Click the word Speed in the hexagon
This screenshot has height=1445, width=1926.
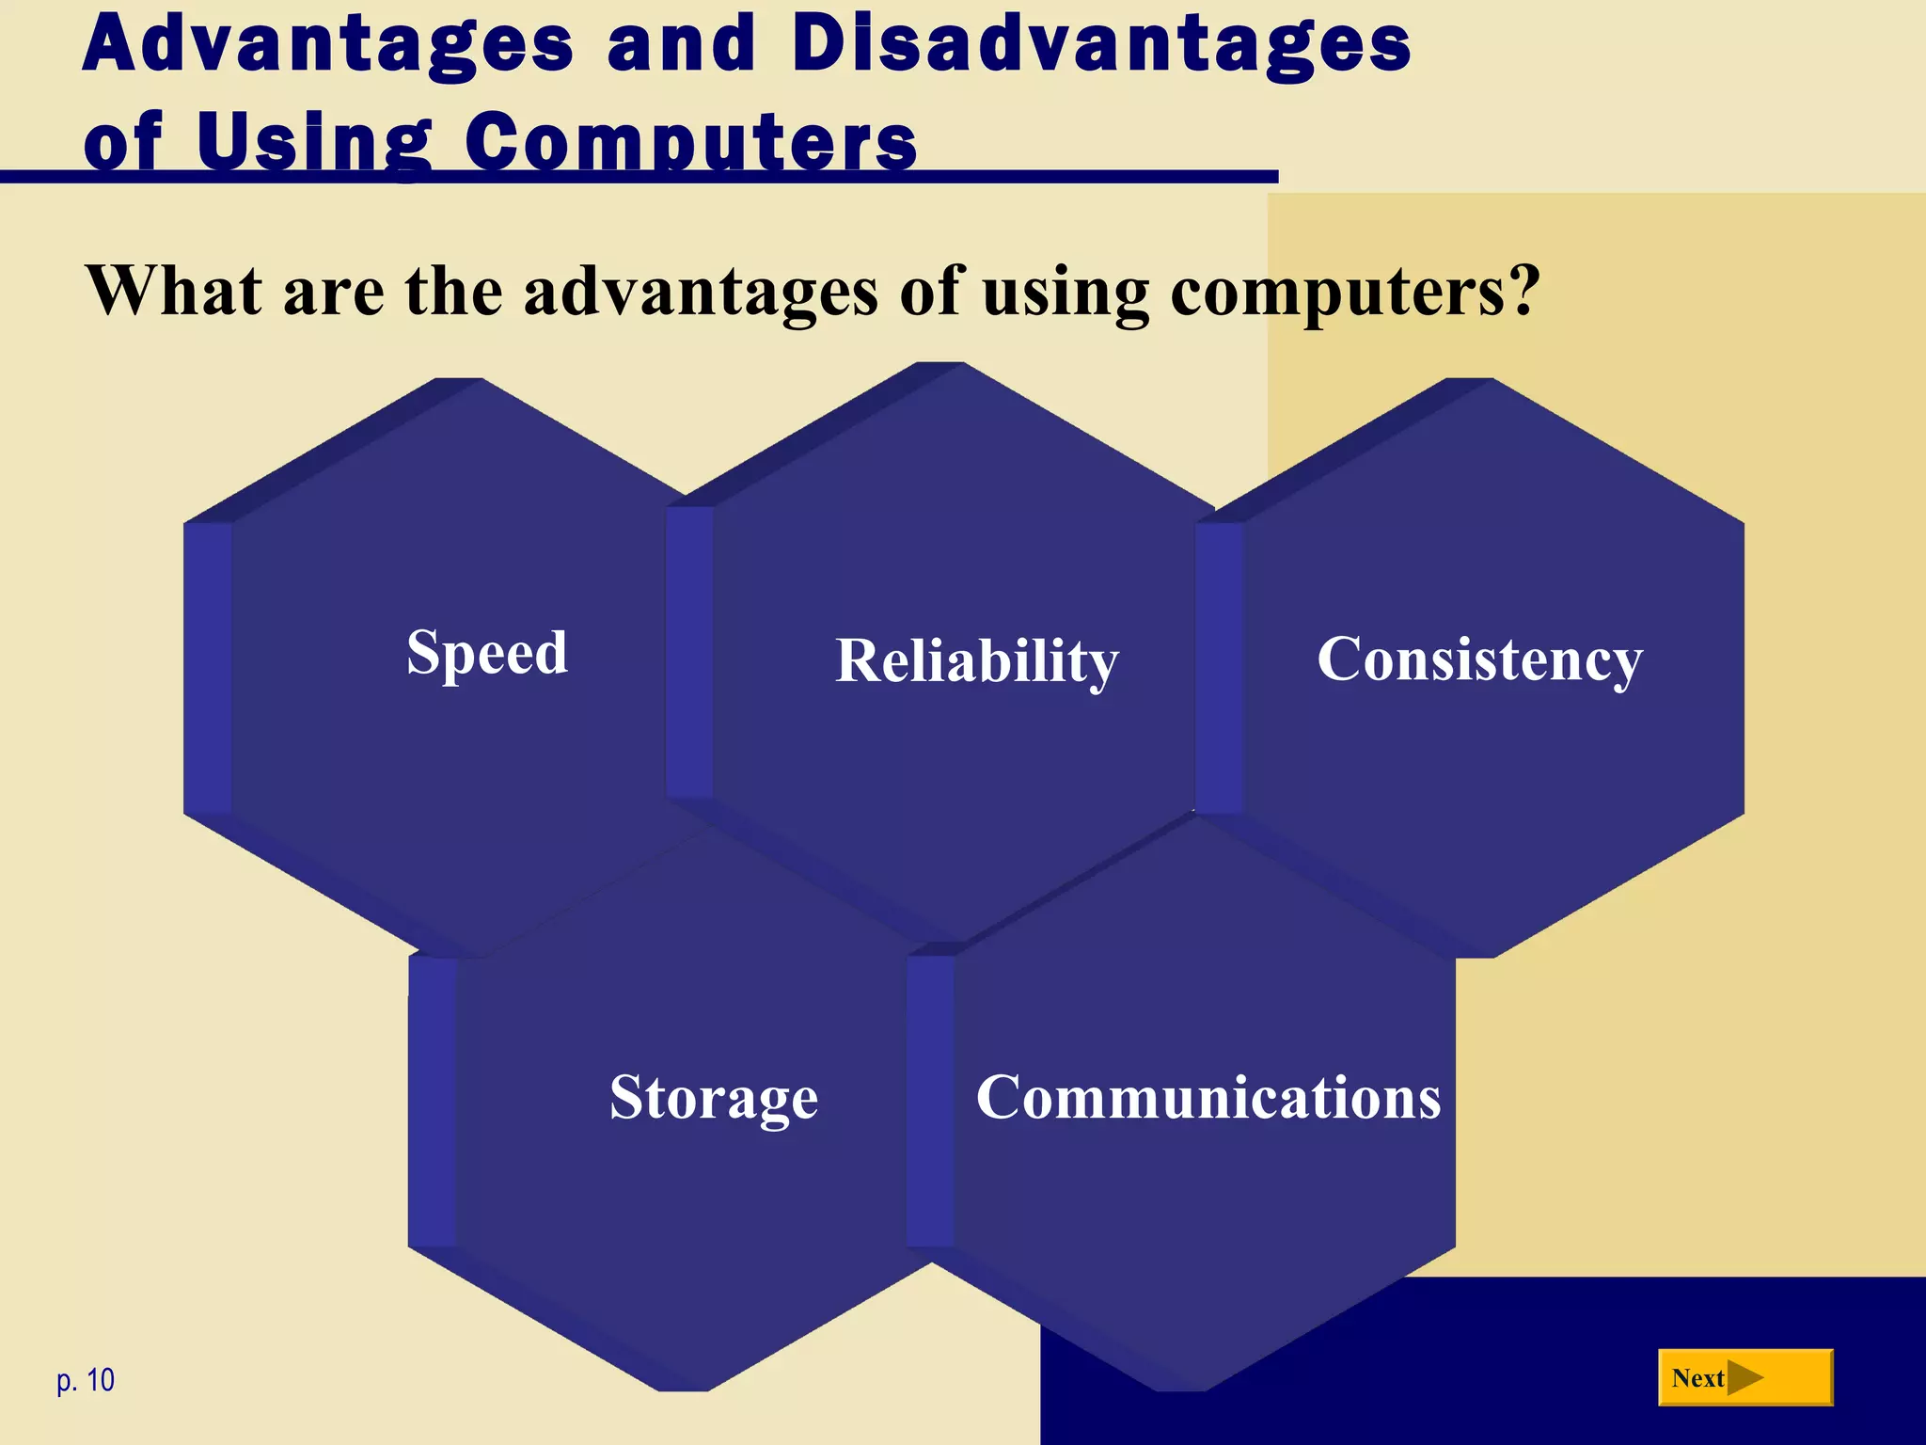[x=487, y=653]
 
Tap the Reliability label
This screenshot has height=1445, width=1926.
[x=977, y=660]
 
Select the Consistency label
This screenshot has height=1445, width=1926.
[x=1479, y=659]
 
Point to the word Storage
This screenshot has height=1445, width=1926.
[x=714, y=1097]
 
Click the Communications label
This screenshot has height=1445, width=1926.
[x=1208, y=1097]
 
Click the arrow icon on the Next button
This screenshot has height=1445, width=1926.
[x=1744, y=1378]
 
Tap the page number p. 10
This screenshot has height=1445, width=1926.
[x=86, y=1380]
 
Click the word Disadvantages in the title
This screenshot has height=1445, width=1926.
[x=1101, y=44]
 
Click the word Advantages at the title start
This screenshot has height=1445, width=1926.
[x=328, y=44]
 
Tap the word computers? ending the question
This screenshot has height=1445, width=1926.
[x=1355, y=292]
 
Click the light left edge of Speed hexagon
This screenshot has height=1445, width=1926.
[x=208, y=668]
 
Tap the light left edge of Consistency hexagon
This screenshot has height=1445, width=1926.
[x=1220, y=668]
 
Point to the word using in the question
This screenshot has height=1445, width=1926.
[x=1066, y=292]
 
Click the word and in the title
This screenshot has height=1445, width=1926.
[x=682, y=44]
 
